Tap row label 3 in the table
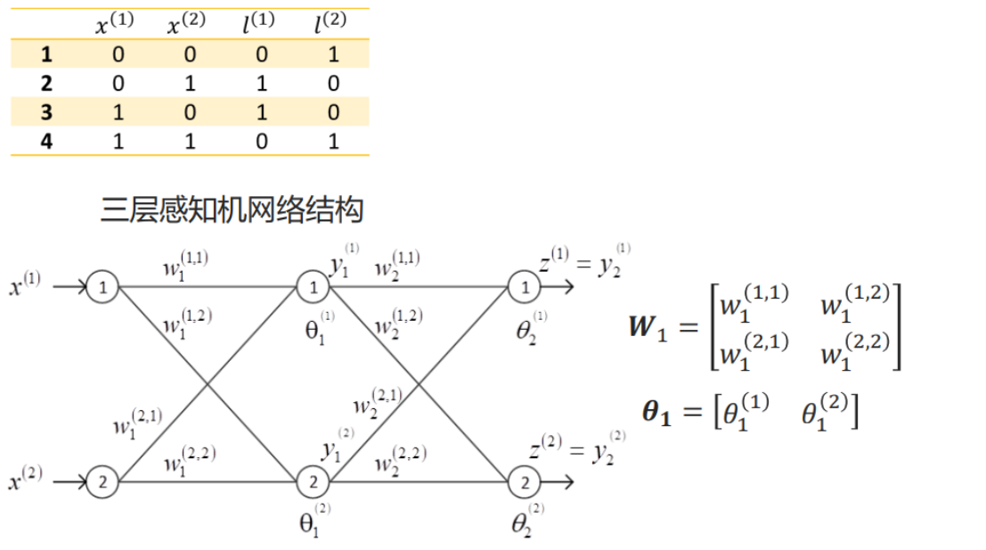46,111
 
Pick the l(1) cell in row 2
260,83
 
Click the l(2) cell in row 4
333,141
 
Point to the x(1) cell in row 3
118,111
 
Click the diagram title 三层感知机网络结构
232,210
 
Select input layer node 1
103,288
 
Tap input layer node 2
103,482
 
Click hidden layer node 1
313,288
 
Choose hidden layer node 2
313,482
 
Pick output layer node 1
524,288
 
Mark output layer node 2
524,482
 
